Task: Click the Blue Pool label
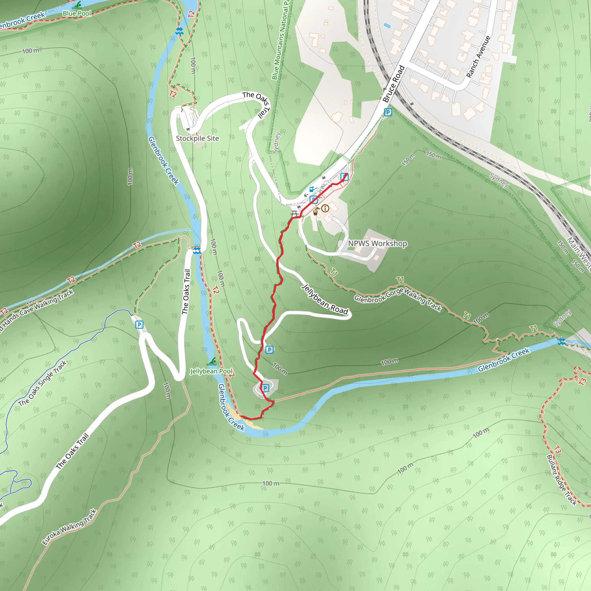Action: (x=76, y=14)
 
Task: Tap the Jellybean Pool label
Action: (x=211, y=371)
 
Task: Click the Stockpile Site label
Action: (x=197, y=138)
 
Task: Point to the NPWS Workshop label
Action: (x=377, y=244)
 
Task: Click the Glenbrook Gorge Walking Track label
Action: (x=398, y=299)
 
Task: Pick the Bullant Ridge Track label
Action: (x=561, y=480)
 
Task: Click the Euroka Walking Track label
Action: (x=70, y=526)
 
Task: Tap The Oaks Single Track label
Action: (x=42, y=383)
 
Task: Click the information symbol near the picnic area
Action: (x=325, y=208)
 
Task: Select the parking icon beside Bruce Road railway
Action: (x=388, y=112)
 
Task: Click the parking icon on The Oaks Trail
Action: (x=139, y=325)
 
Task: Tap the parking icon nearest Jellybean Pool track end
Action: (x=265, y=388)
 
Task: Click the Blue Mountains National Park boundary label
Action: (x=280, y=40)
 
